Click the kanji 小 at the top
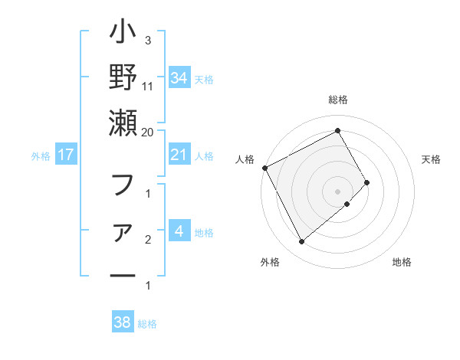pyautogui.click(x=123, y=34)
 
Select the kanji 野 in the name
pyautogui.click(x=123, y=78)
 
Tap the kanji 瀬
pyautogui.click(x=123, y=123)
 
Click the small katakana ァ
pyautogui.click(x=123, y=231)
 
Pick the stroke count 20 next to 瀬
pyautogui.click(x=148, y=132)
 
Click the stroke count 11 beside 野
pyautogui.click(x=148, y=85)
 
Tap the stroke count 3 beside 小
pyautogui.click(x=147, y=40)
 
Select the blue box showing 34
pyautogui.click(x=179, y=78)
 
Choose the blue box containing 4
pyautogui.click(x=179, y=231)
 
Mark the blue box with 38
pyautogui.click(x=122, y=322)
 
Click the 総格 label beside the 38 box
pyautogui.click(x=147, y=324)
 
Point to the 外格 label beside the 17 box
pyautogui.click(x=41, y=156)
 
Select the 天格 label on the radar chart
pyautogui.click(x=432, y=159)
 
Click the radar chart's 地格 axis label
pyautogui.click(x=402, y=262)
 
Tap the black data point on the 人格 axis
pyautogui.click(x=264, y=168)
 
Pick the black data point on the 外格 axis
pyautogui.click(x=301, y=242)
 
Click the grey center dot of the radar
pyautogui.click(x=337, y=191)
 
